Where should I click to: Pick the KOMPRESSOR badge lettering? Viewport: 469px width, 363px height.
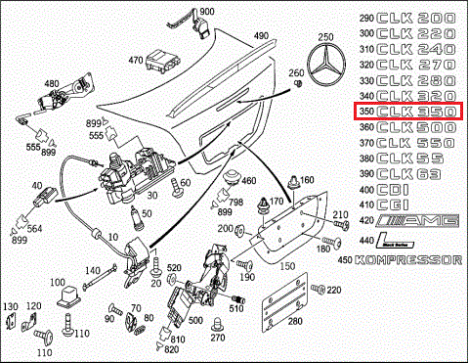(x=413, y=261)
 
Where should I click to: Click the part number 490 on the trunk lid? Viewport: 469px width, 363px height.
(x=261, y=36)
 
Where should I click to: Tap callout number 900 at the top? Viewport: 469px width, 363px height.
(x=207, y=11)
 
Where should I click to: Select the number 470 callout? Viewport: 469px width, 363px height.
(x=136, y=59)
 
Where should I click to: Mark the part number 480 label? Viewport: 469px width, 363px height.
(x=51, y=84)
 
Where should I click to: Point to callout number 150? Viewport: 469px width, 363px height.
(x=287, y=266)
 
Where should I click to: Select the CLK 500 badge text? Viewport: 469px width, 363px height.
(x=418, y=128)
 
